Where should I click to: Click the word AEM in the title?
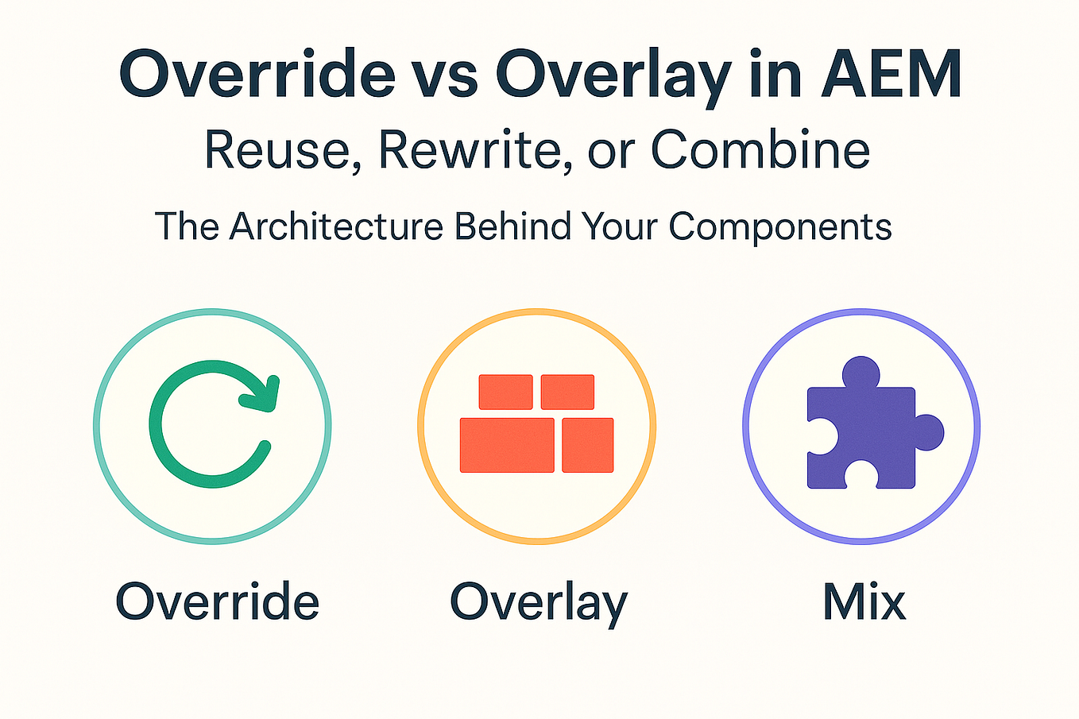click(x=892, y=74)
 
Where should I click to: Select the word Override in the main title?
click(x=257, y=74)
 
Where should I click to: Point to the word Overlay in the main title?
click(x=613, y=75)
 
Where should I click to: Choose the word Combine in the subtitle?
click(x=760, y=149)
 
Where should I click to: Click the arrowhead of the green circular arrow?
click(x=263, y=392)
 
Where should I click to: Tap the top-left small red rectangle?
click(x=505, y=392)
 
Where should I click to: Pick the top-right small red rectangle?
click(x=567, y=392)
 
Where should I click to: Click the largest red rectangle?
click(x=507, y=445)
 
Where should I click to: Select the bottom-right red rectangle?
click(x=587, y=445)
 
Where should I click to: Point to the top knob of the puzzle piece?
click(x=860, y=373)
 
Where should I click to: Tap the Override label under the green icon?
click(x=218, y=601)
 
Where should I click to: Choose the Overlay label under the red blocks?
click(x=539, y=603)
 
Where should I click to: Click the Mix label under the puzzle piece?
click(x=864, y=601)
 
